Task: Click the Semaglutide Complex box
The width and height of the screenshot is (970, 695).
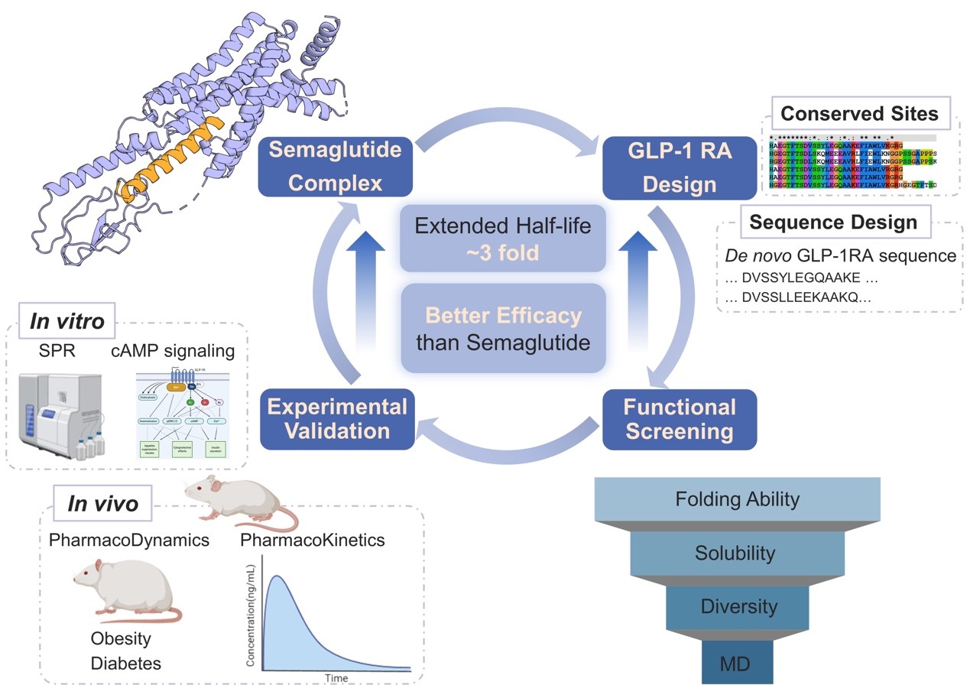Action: (336, 166)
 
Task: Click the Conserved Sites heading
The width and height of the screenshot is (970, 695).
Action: (858, 115)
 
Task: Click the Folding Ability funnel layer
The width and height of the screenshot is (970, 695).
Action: (737, 500)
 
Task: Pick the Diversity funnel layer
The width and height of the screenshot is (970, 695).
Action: (738, 606)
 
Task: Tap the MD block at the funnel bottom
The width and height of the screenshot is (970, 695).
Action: (735, 663)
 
